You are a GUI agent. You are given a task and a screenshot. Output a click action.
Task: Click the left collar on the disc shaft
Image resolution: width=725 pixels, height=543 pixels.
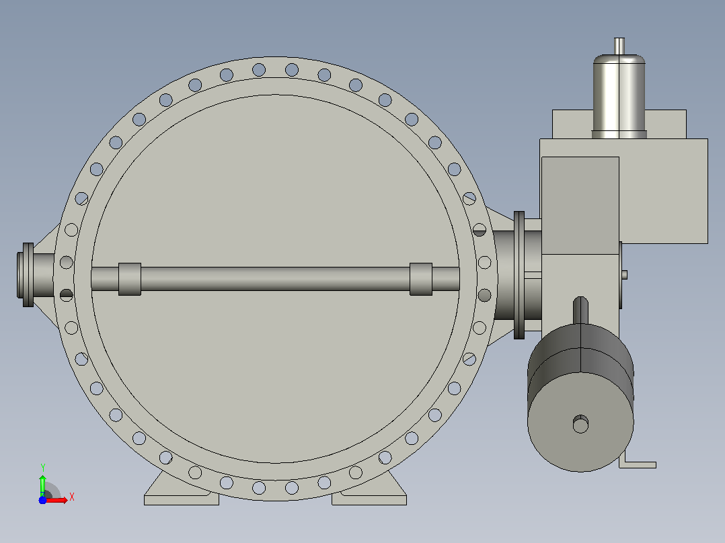pos(130,279)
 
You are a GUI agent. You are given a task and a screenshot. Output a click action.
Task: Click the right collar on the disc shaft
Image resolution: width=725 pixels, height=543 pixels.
pos(421,279)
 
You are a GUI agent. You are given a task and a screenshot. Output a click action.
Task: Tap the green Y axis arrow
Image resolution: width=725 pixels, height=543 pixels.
pos(42,485)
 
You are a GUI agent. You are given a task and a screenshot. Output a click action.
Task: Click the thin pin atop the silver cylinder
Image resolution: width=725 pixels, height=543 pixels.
pos(619,46)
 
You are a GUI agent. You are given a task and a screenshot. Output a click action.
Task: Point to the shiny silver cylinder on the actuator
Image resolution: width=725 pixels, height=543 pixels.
pos(619,96)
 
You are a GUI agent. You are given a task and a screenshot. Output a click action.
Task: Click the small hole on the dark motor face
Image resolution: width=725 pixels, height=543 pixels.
pos(581,424)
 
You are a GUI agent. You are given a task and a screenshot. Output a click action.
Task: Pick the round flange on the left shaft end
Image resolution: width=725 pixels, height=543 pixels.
pos(28,275)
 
